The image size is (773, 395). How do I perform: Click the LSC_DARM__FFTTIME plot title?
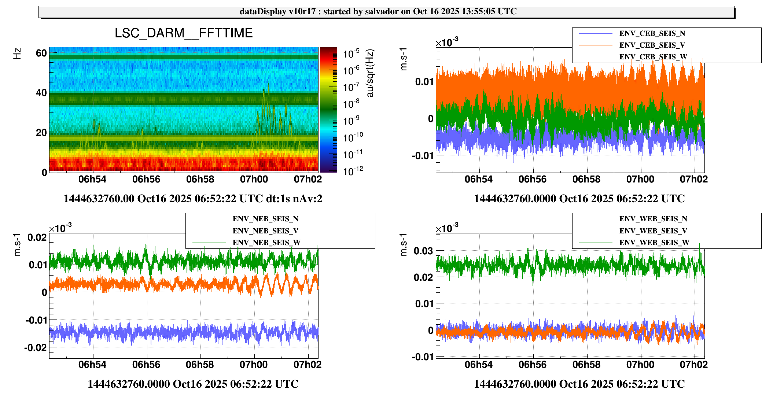184,33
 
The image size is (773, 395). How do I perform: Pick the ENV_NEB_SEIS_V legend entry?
265,231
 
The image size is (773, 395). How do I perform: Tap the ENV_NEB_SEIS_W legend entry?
266,243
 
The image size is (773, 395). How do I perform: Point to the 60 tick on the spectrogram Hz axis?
41,53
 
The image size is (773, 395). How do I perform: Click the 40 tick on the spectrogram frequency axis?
41,93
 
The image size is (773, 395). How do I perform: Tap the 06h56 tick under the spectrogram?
146,179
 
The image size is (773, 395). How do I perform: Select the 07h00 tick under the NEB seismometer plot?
254,365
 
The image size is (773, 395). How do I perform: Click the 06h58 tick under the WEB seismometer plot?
586,365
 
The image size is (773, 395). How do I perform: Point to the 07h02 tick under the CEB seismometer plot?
694,179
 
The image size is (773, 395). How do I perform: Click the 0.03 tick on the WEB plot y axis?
423,251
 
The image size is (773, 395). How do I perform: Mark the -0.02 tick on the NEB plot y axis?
36,347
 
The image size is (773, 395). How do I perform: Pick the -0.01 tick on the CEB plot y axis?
422,156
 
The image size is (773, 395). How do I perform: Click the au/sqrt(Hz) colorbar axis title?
370,73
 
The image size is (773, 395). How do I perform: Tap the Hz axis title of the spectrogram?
17,53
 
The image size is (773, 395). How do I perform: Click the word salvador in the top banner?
382,11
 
